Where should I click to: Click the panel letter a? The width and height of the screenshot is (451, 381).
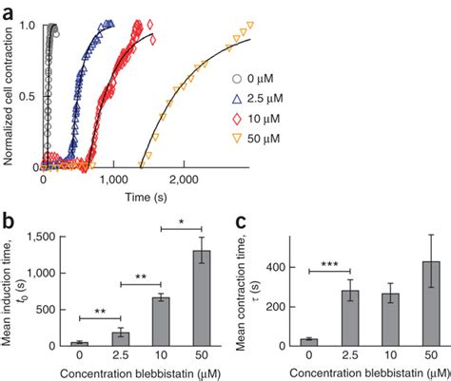[x=9, y=9]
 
